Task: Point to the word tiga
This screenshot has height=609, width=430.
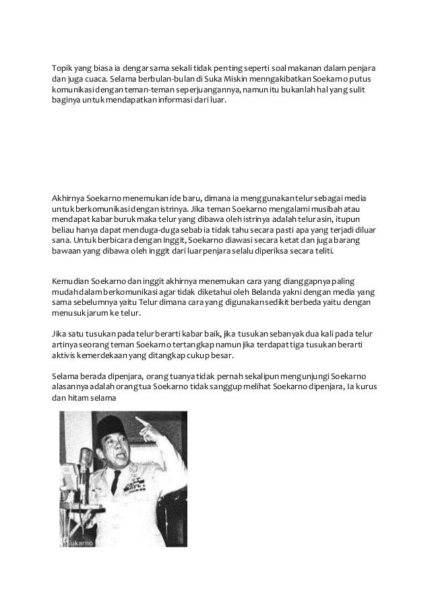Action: tap(307, 345)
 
